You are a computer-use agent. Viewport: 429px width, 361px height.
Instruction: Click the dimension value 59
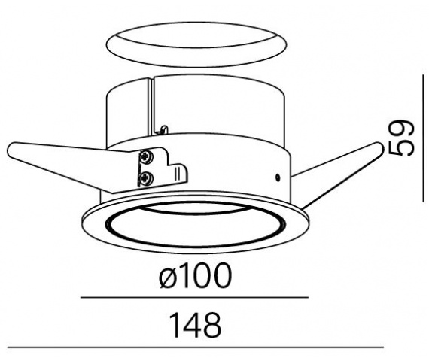401,138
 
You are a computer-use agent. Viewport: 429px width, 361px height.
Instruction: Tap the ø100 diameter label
196,275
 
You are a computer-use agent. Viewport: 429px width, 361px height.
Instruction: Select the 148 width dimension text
195,325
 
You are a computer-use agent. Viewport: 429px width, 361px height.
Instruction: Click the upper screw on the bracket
145,157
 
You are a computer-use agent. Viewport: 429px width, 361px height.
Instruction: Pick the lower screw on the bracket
145,178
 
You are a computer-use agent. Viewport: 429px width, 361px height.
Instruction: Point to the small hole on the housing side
278,177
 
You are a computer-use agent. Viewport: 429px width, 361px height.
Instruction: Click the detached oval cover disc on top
196,44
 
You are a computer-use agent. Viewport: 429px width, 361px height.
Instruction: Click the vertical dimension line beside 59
424,138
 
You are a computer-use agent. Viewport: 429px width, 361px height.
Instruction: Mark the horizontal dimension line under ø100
194,297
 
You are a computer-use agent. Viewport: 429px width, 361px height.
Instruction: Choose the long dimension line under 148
196,347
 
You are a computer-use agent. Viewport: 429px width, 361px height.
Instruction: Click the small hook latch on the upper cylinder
163,129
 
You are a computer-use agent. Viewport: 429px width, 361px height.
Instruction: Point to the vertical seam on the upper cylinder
152,107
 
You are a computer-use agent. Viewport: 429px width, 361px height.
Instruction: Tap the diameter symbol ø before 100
167,276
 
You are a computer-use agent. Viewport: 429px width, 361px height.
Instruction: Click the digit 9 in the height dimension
401,129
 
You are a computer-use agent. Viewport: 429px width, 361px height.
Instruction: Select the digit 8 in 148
212,325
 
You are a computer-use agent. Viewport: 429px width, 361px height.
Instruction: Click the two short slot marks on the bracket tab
176,173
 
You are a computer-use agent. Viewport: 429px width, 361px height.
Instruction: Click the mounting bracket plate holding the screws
161,169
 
